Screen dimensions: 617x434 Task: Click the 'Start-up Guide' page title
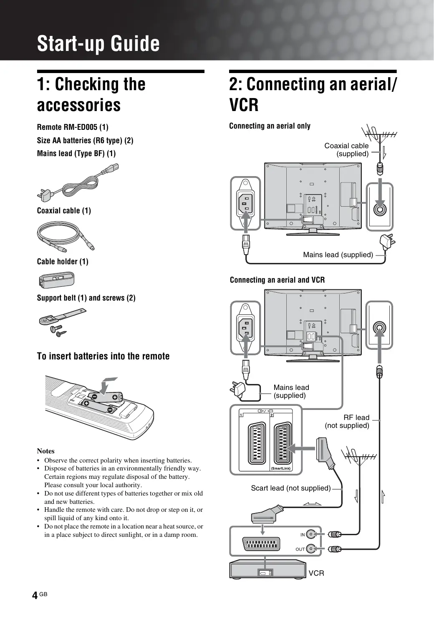[x=98, y=43]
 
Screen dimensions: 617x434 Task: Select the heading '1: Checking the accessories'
[x=91, y=94]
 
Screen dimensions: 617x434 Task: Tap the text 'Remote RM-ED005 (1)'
[x=73, y=127]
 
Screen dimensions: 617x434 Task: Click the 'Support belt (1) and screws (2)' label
[x=86, y=298]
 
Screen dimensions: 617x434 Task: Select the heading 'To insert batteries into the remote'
[x=103, y=356]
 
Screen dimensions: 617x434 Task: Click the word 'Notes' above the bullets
[x=45, y=451]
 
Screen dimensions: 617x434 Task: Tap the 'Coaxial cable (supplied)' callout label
[x=347, y=150]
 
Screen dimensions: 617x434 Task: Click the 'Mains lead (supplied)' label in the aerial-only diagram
[x=338, y=255]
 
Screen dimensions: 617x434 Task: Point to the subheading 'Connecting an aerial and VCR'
[x=277, y=280]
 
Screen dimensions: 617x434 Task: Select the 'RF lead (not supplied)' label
[x=348, y=422]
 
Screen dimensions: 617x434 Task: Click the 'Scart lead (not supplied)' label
[x=290, y=488]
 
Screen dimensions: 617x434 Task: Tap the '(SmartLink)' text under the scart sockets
[x=281, y=468]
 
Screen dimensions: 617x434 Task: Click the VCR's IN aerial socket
[x=310, y=534]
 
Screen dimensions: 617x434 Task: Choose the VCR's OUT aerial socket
[x=310, y=549]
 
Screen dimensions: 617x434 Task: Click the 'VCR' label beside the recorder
[x=316, y=573]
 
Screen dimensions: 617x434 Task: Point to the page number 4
[x=35, y=595]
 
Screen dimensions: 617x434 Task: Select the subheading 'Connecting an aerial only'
[x=270, y=126]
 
